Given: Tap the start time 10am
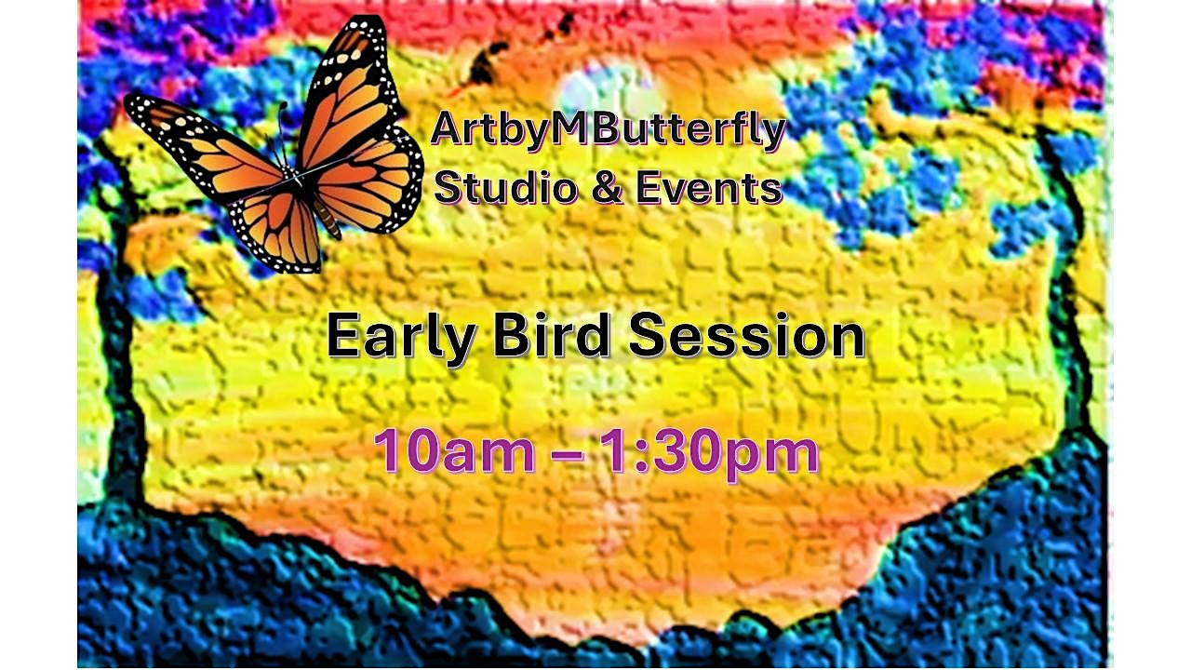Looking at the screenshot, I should click(454, 452).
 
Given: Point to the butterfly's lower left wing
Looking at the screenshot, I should click(277, 228).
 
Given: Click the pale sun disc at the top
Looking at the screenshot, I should click(609, 89).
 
